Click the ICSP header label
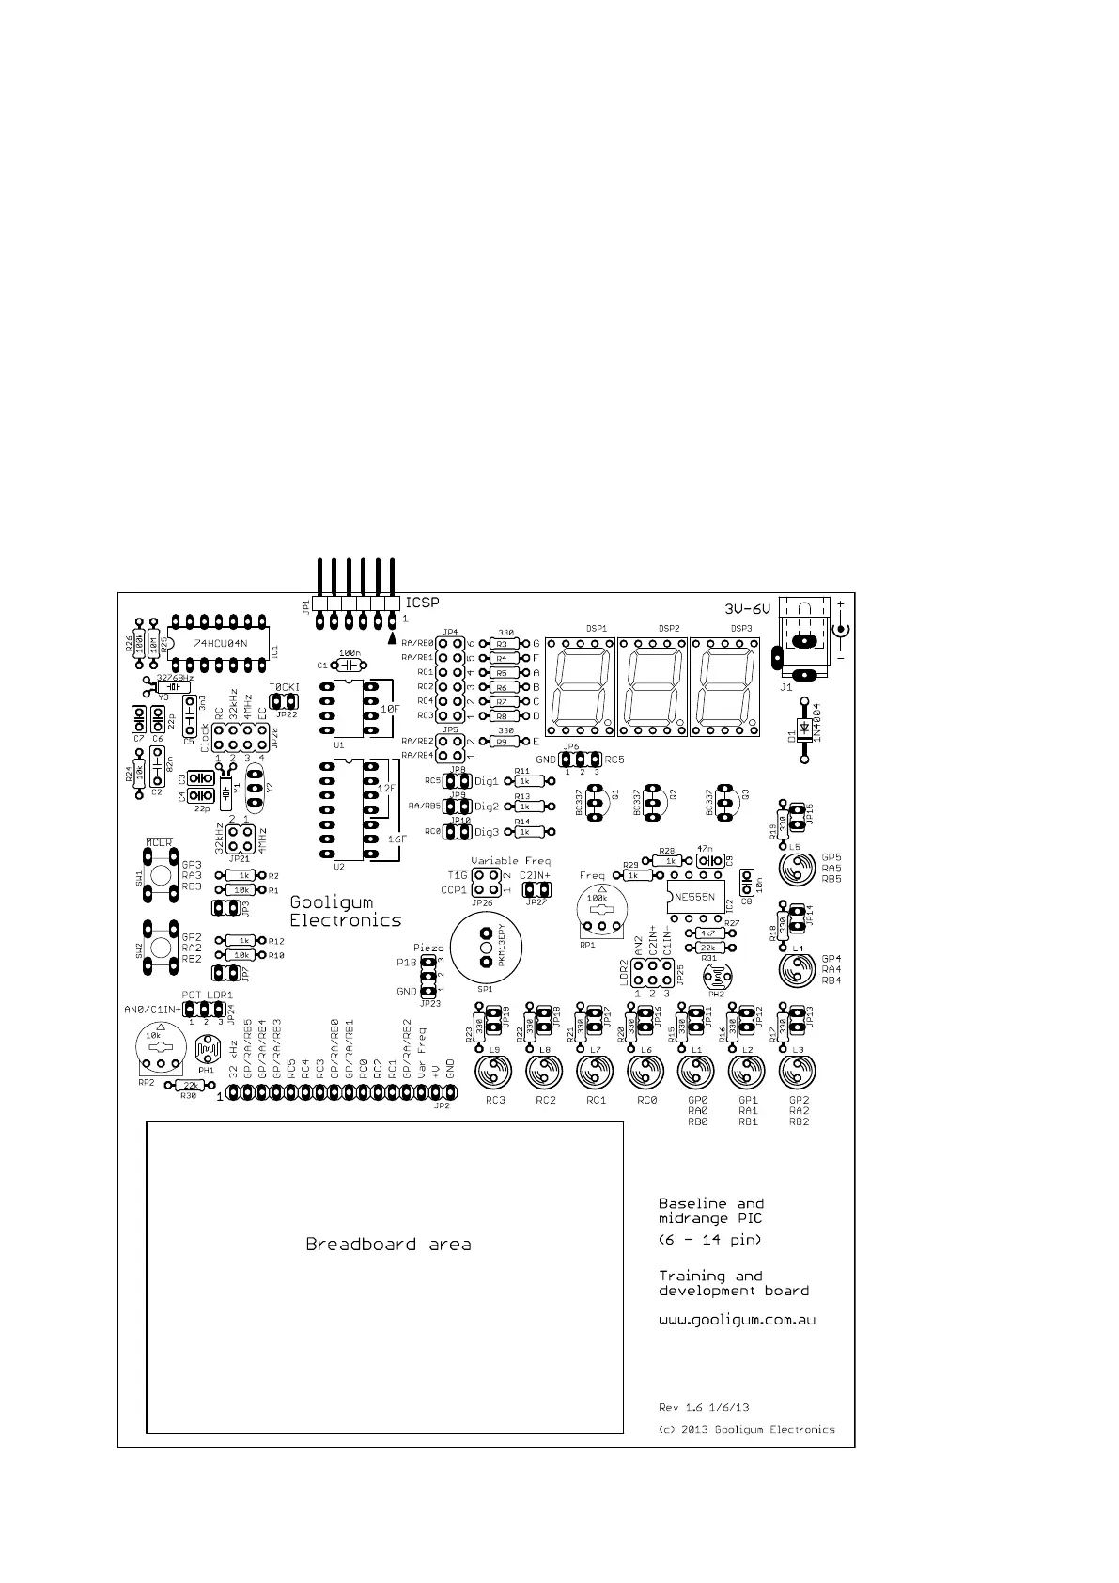coord(422,603)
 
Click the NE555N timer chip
coord(695,896)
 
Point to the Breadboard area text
coord(388,1245)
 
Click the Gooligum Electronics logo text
coord(345,911)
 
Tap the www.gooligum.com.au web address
coord(736,1320)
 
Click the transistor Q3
coord(724,801)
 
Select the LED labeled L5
coord(798,869)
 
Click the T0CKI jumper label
coord(284,688)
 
